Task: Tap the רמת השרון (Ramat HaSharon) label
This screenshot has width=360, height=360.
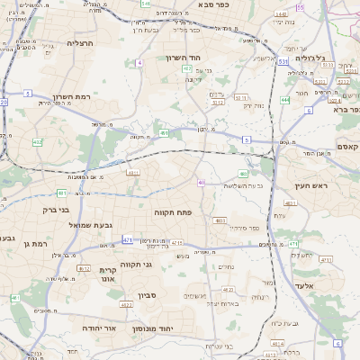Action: pyautogui.click(x=73, y=96)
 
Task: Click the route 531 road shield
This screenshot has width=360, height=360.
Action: pyautogui.click(x=283, y=62)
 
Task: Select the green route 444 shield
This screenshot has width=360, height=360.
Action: pyautogui.click(x=285, y=100)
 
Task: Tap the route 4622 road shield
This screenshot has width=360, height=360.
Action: pyautogui.click(x=126, y=305)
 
